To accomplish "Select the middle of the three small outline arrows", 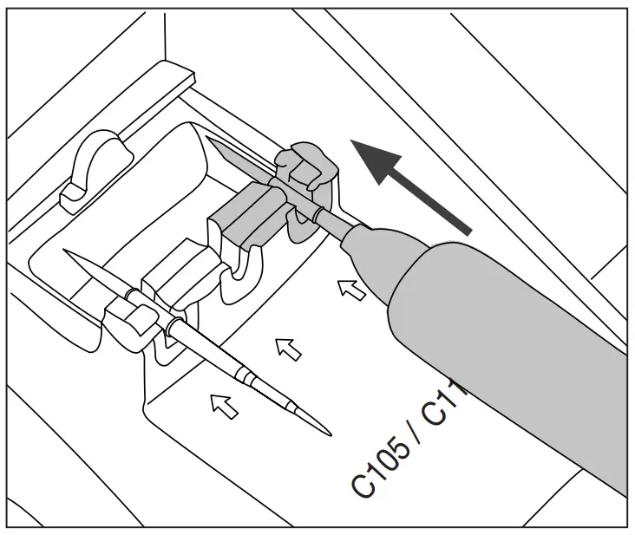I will click(287, 349).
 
